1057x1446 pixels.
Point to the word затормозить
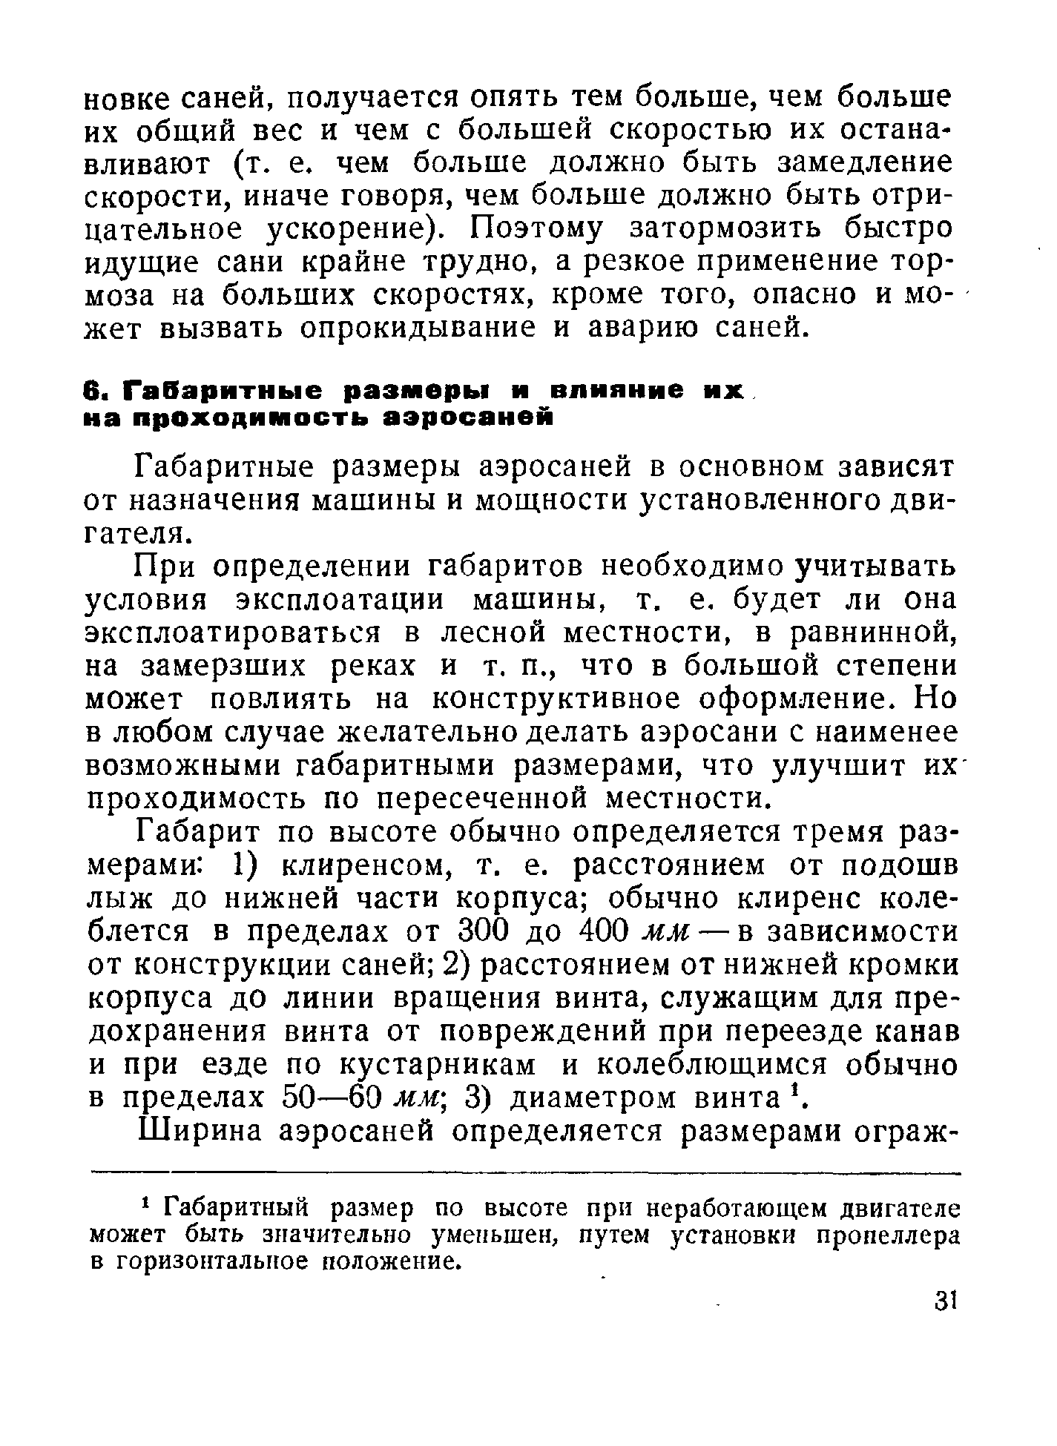tap(728, 228)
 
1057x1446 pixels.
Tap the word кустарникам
tap(438, 1066)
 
